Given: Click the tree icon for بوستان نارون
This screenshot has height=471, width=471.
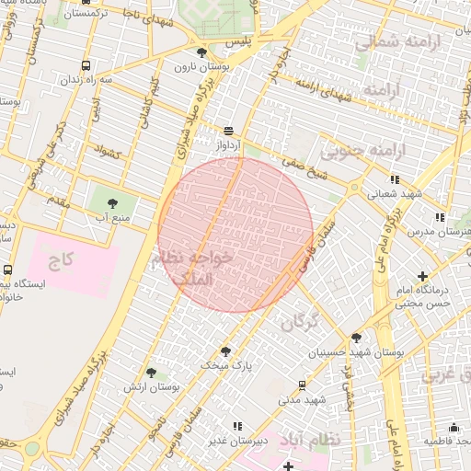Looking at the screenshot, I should click(x=202, y=52).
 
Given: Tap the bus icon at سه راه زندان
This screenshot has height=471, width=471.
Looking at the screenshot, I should click(x=86, y=65).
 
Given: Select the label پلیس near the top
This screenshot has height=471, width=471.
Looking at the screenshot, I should click(x=239, y=43).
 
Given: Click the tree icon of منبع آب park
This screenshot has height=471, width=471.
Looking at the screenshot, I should click(x=113, y=201).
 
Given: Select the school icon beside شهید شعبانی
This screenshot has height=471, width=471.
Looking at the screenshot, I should click(x=395, y=179).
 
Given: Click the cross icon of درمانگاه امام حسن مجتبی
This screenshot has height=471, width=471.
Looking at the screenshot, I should click(x=422, y=275).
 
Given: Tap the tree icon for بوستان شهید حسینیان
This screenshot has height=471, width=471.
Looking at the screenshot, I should click(x=356, y=337).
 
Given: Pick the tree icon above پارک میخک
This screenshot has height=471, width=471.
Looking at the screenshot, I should click(x=225, y=350).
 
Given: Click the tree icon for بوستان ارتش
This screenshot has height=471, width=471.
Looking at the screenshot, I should click(x=152, y=373).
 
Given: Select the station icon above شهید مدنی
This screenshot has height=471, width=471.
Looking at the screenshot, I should click(x=303, y=385).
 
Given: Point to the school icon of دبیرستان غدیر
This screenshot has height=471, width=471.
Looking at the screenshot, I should click(x=237, y=426).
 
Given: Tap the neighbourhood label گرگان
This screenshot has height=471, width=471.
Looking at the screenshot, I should click(x=299, y=322).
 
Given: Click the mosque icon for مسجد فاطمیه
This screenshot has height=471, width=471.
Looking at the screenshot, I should click(x=454, y=427).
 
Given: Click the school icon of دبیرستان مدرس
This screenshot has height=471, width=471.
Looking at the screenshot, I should click(x=440, y=217).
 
